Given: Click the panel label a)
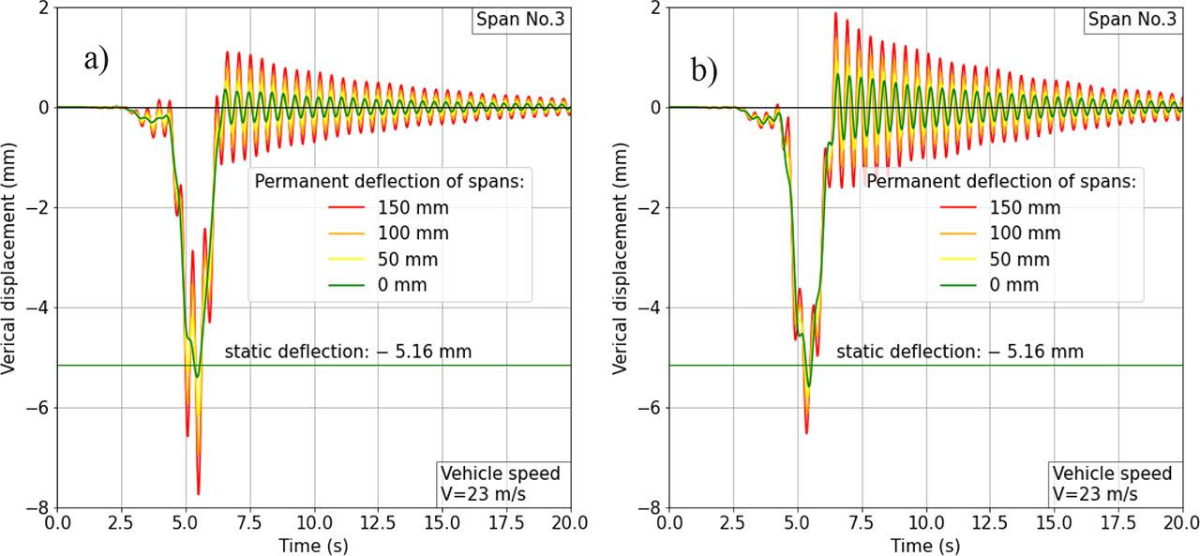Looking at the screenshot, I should (97, 60).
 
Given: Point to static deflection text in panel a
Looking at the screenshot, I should (348, 353).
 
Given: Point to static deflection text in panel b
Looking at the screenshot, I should (959, 353).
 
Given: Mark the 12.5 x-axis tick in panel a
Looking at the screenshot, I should (378, 523).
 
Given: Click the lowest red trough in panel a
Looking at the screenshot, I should (199, 494).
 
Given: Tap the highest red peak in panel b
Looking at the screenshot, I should (834, 12).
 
